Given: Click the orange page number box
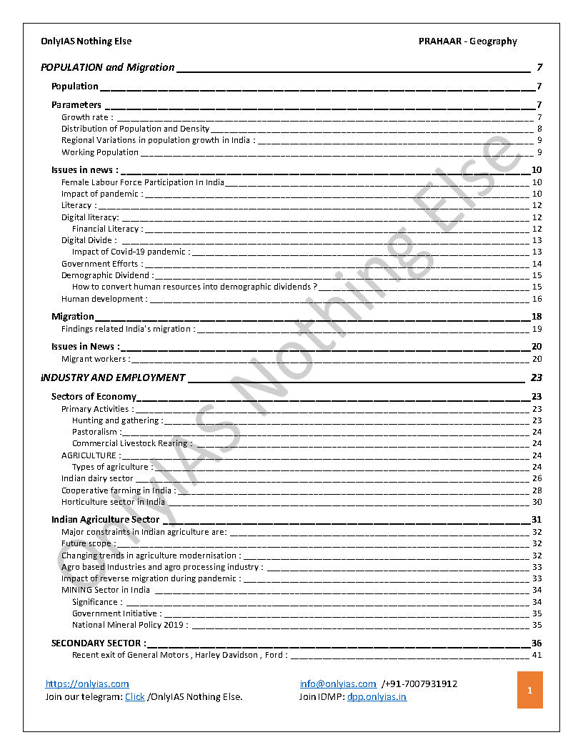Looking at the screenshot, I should point(529,690).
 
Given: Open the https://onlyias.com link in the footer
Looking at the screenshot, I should point(87,684).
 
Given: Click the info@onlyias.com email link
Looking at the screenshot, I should point(338,684).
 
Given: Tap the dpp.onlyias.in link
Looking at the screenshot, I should point(377,697).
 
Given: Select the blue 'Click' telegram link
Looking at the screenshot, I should point(135,697).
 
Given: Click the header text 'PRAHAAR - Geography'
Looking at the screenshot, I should point(467,41).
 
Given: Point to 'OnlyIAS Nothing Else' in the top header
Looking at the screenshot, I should point(86,41).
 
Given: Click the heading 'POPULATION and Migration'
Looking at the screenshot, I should point(108,68).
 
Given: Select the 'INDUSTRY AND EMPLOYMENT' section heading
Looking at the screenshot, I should point(113,377).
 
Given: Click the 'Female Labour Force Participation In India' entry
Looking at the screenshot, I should point(143,182).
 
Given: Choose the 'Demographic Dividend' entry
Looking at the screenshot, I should point(107,275).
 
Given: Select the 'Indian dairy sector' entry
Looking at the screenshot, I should point(97,478).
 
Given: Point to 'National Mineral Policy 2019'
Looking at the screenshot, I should point(130,625).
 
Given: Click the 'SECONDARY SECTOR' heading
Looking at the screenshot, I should point(99,643).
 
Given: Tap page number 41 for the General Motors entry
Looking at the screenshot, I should point(537,655).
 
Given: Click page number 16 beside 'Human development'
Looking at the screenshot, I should point(537,299).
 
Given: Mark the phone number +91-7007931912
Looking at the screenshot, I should point(419,684).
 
